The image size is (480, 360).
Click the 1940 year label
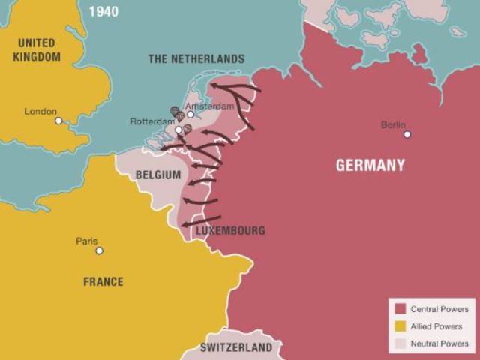[x=103, y=12]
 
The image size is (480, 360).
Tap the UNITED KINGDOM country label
[x=37, y=49]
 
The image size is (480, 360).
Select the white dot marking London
[x=58, y=121]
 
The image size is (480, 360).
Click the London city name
[x=40, y=111]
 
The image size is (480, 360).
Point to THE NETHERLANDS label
[x=196, y=58]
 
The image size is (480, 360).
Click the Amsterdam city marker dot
[x=190, y=115]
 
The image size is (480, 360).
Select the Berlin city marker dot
[x=407, y=134]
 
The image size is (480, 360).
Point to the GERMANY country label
[x=370, y=166]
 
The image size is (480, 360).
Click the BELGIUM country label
[x=158, y=175]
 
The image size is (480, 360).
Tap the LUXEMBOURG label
[x=230, y=230]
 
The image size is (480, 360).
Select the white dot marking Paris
[x=99, y=250]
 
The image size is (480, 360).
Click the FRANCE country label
[x=103, y=281]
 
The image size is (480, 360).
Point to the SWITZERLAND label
[x=236, y=348]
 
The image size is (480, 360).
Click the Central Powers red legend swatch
[x=400, y=309]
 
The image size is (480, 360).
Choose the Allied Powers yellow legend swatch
[x=400, y=326]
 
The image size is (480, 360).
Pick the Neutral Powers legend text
[x=439, y=343]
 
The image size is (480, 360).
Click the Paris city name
[x=87, y=241]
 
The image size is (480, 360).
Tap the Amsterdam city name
[x=216, y=106]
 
